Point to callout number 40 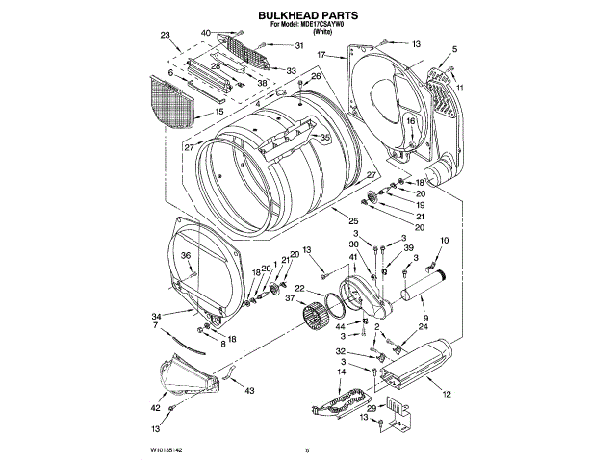tap(206, 33)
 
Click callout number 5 tap(454, 50)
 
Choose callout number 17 tap(322, 55)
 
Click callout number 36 tap(188, 255)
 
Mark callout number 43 tap(248, 391)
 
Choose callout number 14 tap(342, 372)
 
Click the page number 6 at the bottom tap(307, 449)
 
